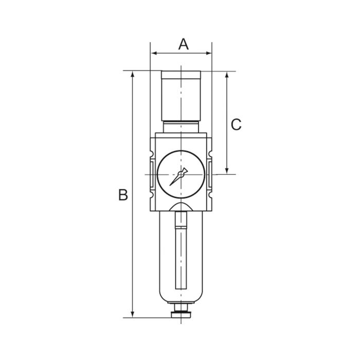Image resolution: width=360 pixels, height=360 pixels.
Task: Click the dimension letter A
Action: coord(184,44)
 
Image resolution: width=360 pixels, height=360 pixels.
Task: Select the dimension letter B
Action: coord(123,195)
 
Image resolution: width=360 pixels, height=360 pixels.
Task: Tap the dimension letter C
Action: coord(236,124)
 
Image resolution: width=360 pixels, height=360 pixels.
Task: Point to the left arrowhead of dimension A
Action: coord(153,53)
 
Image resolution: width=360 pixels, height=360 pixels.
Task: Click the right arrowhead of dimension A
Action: coord(209,53)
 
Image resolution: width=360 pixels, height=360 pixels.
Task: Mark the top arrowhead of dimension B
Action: coord(133,74)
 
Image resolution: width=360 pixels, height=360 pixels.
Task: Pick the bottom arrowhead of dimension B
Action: coord(133,314)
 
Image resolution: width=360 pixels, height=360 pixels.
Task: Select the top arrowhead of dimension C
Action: coord(227,74)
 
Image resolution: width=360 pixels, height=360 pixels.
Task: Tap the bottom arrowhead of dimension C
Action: coord(227,171)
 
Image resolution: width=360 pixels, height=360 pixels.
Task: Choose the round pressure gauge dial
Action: coord(181,175)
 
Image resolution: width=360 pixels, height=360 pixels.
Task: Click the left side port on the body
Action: coord(152,175)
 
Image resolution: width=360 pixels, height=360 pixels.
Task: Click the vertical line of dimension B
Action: coord(133,231)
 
